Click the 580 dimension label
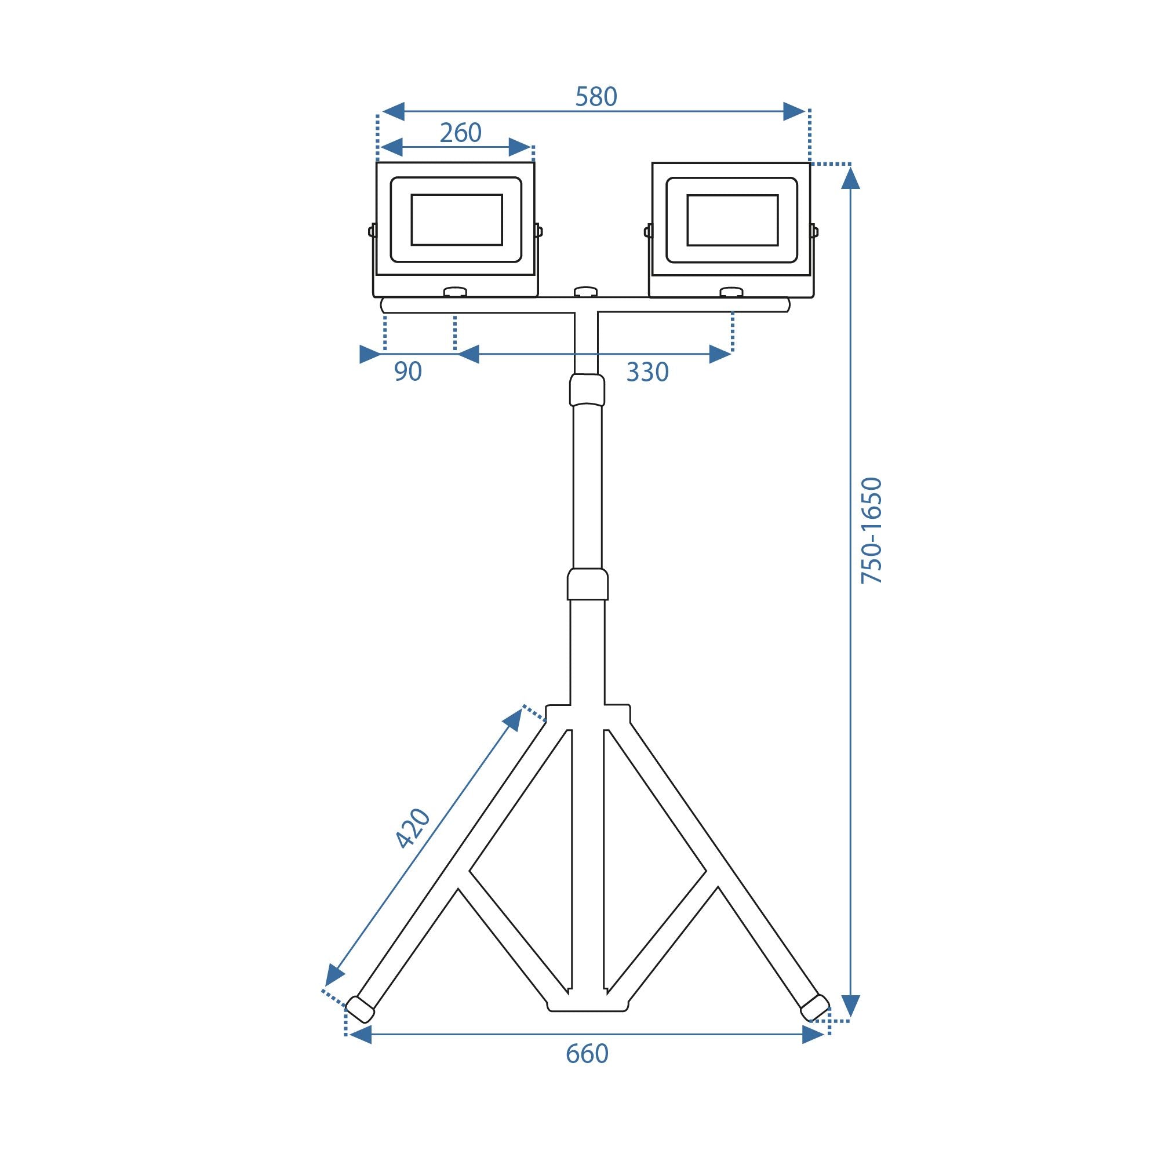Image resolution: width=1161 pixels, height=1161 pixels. click(595, 97)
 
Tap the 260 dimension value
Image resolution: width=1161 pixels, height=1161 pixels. click(460, 133)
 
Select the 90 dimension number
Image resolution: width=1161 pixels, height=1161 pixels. click(407, 372)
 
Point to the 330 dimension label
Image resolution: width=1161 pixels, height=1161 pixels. click(647, 373)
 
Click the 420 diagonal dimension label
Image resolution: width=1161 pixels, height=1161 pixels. click(413, 829)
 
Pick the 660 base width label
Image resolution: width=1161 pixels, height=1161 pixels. click(587, 1054)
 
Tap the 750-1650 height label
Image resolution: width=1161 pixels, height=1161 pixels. click(871, 530)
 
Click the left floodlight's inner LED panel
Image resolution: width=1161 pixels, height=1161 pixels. click(457, 220)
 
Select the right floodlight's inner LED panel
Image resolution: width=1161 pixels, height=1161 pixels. click(732, 220)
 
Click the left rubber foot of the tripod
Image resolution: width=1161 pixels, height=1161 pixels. click(360, 1010)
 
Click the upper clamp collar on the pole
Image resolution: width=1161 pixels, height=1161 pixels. click(587, 390)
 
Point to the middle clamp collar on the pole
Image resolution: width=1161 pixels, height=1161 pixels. click(587, 584)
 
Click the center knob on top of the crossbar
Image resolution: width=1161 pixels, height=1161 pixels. click(585, 292)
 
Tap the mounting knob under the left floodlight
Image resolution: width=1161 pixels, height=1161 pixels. click(455, 293)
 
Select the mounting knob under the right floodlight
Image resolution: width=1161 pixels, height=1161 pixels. click(731, 293)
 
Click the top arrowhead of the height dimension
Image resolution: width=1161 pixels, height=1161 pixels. click(850, 178)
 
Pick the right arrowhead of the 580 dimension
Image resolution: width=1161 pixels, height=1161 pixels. click(794, 111)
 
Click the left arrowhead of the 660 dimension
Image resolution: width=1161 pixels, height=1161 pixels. click(361, 1035)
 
